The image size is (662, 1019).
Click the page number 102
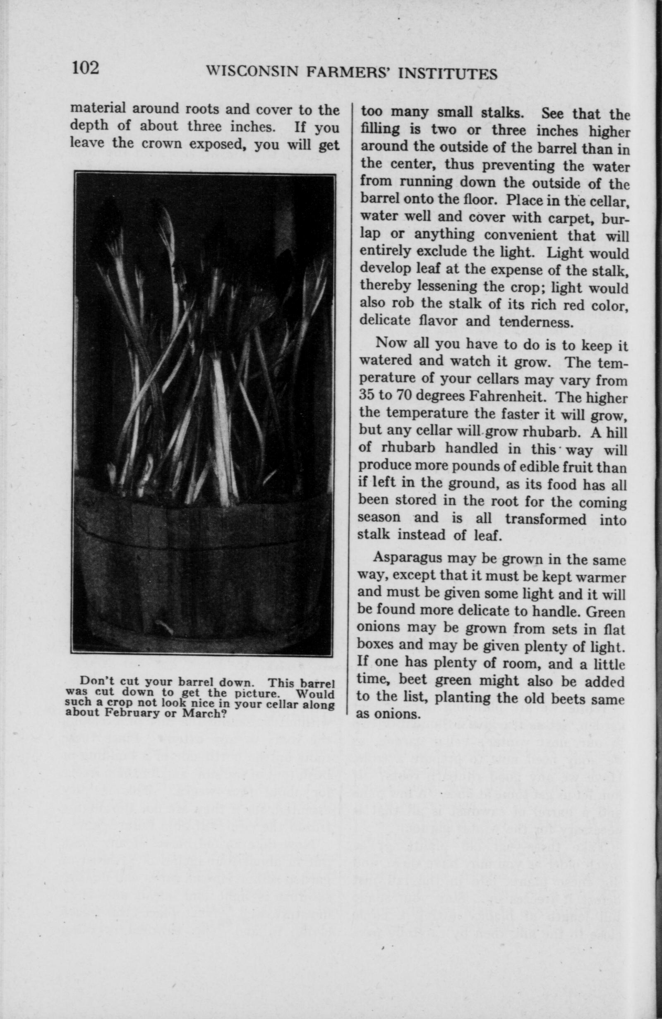pos(86,68)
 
